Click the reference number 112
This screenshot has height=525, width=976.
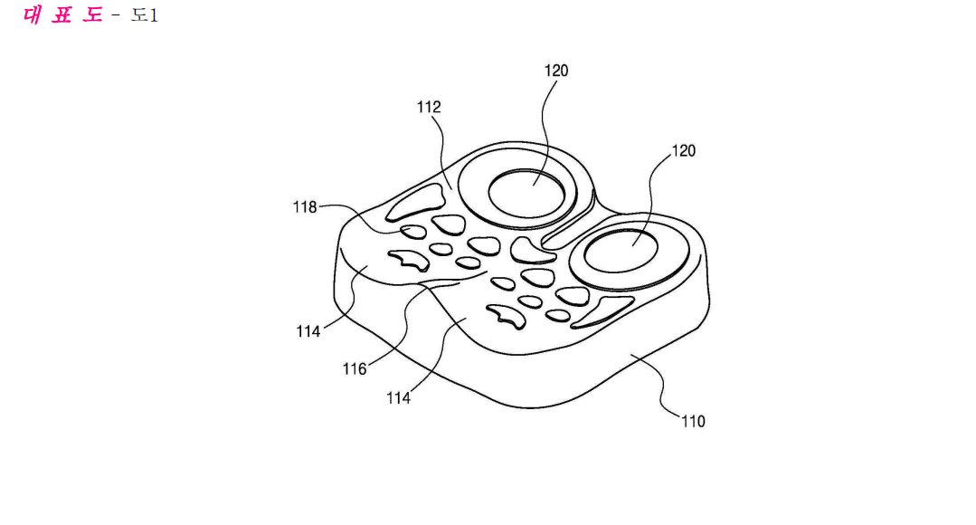click(x=428, y=107)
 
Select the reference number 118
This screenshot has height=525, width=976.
click(x=305, y=206)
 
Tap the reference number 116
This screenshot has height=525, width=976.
click(x=355, y=368)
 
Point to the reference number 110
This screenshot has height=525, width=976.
click(x=693, y=421)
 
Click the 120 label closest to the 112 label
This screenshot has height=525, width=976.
click(x=556, y=71)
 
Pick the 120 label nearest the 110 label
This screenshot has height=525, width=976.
click(x=684, y=151)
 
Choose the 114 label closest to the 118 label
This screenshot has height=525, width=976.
click(x=308, y=331)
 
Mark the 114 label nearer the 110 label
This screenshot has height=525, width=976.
click(x=398, y=398)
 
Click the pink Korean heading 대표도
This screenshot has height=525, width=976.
click(x=63, y=15)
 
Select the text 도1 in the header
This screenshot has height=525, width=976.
click(x=145, y=15)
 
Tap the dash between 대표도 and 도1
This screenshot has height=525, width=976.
click(x=116, y=15)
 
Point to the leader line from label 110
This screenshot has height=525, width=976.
click(x=659, y=387)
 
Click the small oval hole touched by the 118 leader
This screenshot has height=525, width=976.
click(x=413, y=233)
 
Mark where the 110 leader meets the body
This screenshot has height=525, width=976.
click(x=630, y=354)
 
